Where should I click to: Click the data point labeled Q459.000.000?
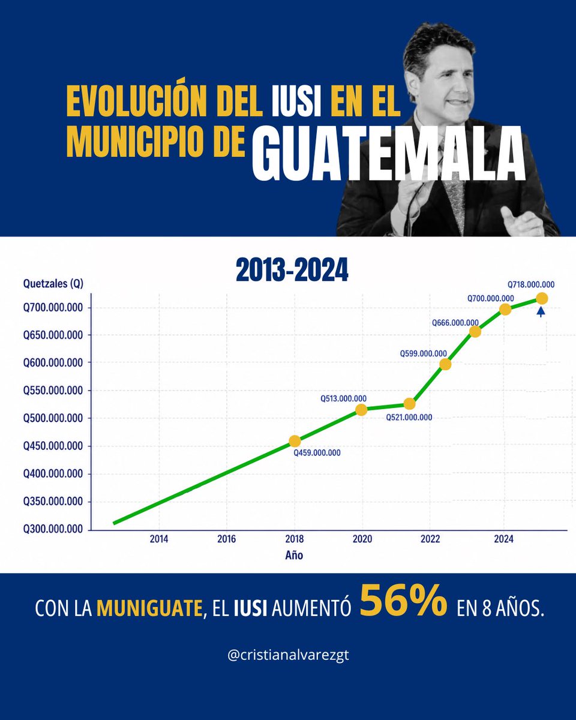pyautogui.click(x=295, y=441)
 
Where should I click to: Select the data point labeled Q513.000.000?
pyautogui.click(x=361, y=410)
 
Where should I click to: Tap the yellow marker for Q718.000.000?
pyautogui.click(x=542, y=298)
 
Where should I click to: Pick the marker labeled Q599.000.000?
pyautogui.click(x=445, y=364)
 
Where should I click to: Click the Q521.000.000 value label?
pyautogui.click(x=409, y=418)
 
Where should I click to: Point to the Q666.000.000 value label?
pyautogui.click(x=455, y=323)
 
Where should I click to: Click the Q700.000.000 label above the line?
pyautogui.click(x=490, y=298)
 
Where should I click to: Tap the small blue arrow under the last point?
pyautogui.click(x=541, y=311)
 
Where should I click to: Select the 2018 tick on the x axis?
pyautogui.click(x=295, y=539)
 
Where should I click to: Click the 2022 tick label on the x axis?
pyautogui.click(x=430, y=539)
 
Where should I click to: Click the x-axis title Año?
pyautogui.click(x=294, y=556)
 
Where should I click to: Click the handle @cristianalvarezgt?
pyautogui.click(x=289, y=655)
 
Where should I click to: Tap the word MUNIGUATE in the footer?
pyautogui.click(x=149, y=608)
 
